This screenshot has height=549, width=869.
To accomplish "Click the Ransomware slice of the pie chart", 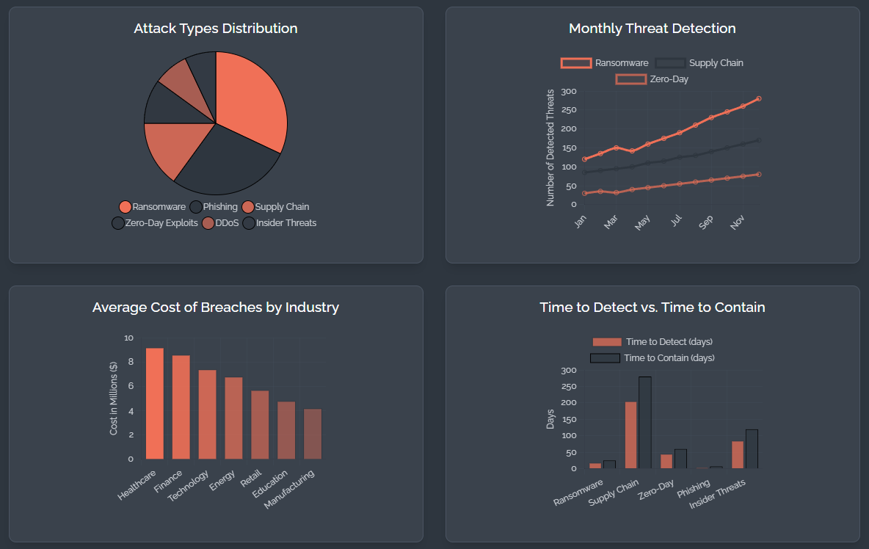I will coord(250,103).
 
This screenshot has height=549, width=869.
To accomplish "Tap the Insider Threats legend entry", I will coord(280,222).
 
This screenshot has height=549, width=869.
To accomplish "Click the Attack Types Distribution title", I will coord(216,29).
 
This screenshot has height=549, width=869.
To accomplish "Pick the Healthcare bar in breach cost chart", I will coord(155,404).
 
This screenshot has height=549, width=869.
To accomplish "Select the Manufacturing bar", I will coord(313,434).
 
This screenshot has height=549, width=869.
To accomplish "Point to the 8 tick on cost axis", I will coord(129,362).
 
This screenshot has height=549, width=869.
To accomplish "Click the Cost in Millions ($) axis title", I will coord(114,398).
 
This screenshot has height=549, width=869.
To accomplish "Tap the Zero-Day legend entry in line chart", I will coord(652,79).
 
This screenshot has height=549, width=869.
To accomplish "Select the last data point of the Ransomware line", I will coord(758,98).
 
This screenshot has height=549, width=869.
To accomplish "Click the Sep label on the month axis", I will coord(706,222).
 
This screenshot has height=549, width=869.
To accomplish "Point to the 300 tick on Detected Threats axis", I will coord(568,92).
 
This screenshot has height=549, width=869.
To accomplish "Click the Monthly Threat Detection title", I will coord(652,29).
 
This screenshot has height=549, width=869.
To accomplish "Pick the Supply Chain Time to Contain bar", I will coord(645,422).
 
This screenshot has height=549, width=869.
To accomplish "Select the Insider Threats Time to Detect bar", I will coord(738,454).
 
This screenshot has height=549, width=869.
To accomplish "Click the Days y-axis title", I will coord(550,419).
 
